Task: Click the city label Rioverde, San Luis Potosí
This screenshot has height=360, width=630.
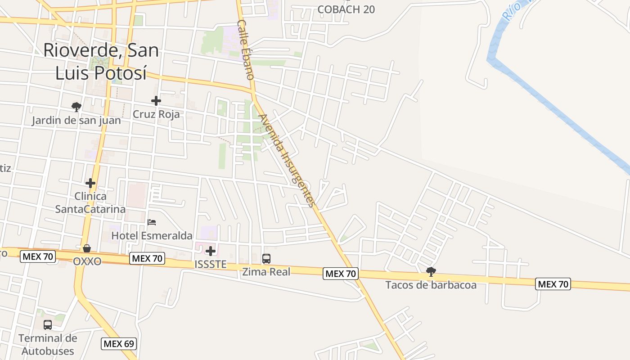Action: coord(101,61)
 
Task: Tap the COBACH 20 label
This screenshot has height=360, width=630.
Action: coord(346,9)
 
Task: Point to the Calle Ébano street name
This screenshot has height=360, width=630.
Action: coord(246,49)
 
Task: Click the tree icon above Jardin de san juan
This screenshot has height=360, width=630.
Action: coord(76,107)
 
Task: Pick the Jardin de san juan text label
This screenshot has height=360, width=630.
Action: coord(76,121)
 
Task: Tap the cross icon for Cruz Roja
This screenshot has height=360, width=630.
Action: coord(156,101)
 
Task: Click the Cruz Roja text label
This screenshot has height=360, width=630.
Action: coord(156,114)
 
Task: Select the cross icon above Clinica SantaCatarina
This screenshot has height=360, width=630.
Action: coord(90,183)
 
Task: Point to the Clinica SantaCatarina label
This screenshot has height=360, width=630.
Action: coord(90,202)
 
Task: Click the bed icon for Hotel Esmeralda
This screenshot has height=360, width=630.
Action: coord(152,222)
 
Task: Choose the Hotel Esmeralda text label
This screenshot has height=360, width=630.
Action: coord(152,236)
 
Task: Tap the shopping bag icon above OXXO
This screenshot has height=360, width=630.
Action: coord(87,248)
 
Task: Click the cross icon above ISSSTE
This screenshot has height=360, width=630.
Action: coord(211,251)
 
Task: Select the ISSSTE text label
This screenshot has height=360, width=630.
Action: coord(211,265)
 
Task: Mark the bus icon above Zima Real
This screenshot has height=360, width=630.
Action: coord(266,258)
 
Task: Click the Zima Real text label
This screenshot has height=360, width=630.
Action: coord(266,271)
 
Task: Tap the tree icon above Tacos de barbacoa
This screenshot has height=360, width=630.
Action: coord(431,271)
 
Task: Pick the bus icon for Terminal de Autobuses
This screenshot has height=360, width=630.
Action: coord(48,324)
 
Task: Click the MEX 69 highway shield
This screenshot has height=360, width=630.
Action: coord(119,344)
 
